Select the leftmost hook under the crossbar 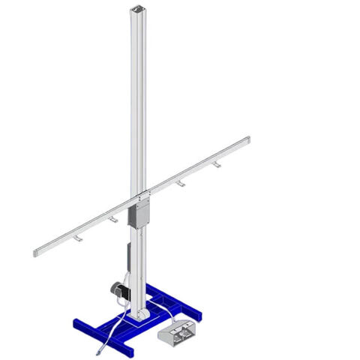(x=77, y=238)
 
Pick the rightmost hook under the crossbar (x=217, y=164)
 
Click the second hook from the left (x=112, y=220)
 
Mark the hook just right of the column (x=180, y=184)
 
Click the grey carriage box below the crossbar (x=139, y=214)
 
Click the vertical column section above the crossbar (x=141, y=97)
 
